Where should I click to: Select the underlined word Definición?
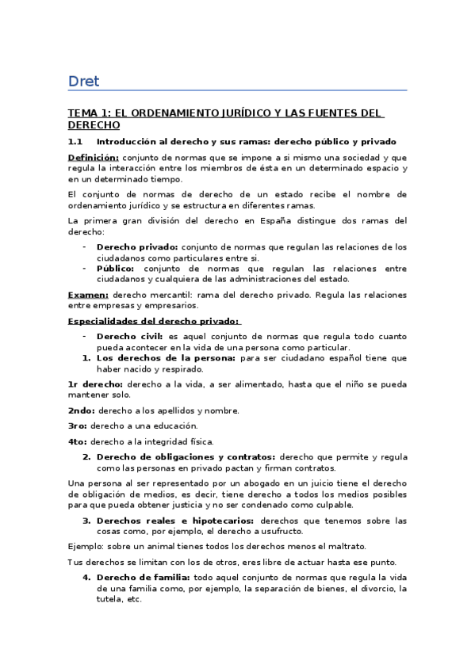tap(94, 157)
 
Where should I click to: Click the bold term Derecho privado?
tap(137, 246)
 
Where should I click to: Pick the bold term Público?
tap(117, 268)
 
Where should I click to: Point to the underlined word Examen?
tap(87, 295)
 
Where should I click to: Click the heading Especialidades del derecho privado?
tap(153, 321)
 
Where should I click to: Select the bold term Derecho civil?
tap(130, 337)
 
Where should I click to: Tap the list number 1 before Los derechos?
tap(85, 358)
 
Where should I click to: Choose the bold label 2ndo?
tap(82, 410)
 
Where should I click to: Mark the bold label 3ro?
tap(78, 426)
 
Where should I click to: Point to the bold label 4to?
tap(78, 441)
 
